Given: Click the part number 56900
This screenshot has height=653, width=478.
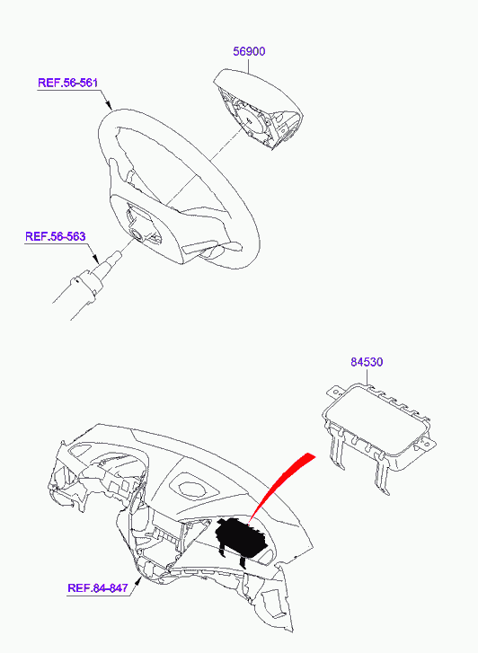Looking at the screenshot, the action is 249,51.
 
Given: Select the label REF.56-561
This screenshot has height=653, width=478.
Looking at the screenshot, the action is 68,83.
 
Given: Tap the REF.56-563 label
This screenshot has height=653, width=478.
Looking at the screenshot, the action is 56,236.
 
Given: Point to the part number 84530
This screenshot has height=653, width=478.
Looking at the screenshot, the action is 367,362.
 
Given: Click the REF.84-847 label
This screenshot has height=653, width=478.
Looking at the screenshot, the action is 98,588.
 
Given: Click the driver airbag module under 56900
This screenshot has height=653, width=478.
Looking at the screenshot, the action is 259,110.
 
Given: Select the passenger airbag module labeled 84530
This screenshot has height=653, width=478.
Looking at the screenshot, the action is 378,433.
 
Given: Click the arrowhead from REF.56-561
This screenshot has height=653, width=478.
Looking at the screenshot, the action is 109,104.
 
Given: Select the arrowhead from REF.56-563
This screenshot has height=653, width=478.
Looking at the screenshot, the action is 95,258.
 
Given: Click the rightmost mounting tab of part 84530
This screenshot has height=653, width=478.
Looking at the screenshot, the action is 429,444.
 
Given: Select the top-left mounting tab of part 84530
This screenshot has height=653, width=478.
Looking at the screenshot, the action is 333,391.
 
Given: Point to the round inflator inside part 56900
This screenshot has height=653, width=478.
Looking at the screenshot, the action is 249,120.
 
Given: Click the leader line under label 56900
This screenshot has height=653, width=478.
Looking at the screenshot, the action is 249,66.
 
